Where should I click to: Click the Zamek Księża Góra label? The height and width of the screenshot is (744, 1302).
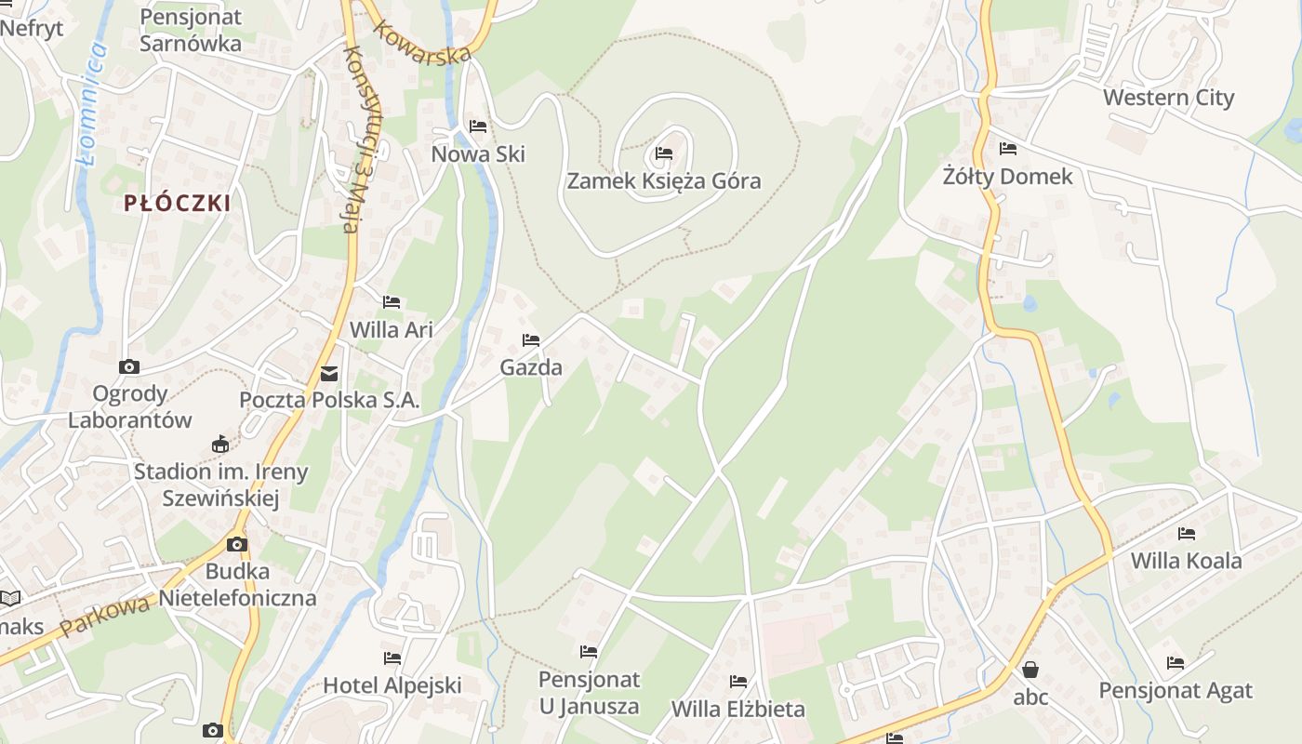pos(664,180)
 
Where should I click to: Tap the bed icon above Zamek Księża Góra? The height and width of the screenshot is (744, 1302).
pos(663,153)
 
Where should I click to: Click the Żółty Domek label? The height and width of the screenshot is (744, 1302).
pos(1007,176)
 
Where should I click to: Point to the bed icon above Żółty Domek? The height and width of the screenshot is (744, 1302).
pos(1007,148)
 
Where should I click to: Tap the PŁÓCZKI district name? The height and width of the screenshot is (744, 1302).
pos(177,204)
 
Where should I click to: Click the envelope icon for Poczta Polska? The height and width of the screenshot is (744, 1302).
pos(329,374)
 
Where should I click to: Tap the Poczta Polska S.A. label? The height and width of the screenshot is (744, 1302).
pos(329,401)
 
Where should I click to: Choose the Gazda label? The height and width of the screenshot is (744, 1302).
pos(531,367)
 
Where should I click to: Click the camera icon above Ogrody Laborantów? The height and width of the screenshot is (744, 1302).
pos(129,366)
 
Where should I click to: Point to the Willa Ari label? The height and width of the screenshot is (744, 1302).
pos(391,329)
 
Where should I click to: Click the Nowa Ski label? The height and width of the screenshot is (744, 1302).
pos(478,153)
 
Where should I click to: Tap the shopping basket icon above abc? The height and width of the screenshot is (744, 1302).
pos(1030,669)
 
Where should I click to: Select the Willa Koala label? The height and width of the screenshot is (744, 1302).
pos(1186,561)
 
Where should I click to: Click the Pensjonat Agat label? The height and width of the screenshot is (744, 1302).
pos(1176,691)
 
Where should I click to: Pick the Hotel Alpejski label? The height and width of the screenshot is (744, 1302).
pos(392,685)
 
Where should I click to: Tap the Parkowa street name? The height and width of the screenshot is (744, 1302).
pos(104,616)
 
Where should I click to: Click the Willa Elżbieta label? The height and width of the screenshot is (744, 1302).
pos(738,709)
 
